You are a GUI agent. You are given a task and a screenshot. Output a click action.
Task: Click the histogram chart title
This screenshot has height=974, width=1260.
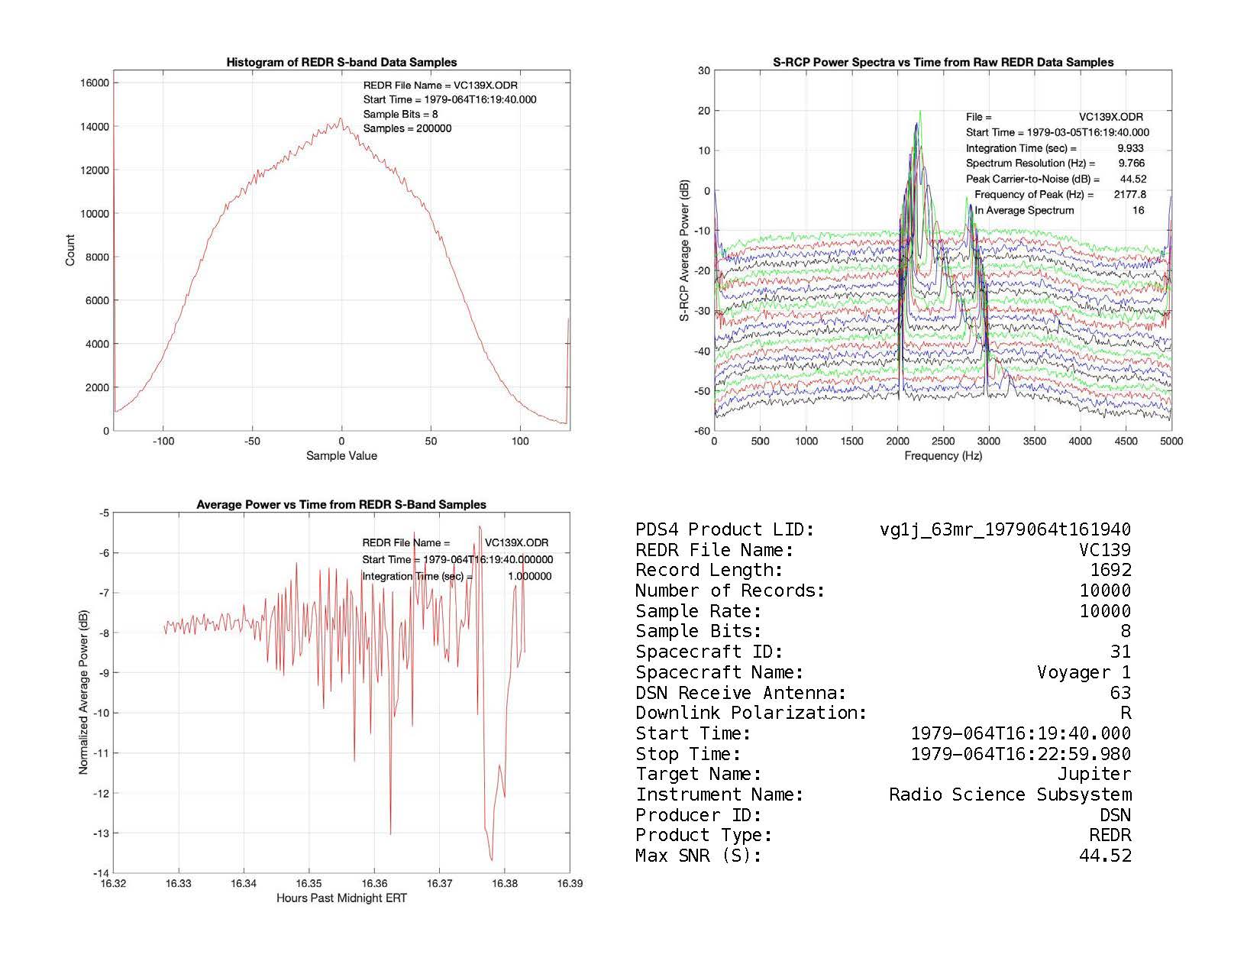pos(341,63)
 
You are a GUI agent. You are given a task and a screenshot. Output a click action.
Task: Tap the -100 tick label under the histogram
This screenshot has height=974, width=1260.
pos(163,442)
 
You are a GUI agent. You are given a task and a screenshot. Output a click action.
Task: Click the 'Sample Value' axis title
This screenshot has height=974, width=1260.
pos(341,456)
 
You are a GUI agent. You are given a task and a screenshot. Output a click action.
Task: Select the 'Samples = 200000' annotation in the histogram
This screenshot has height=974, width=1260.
pos(407,129)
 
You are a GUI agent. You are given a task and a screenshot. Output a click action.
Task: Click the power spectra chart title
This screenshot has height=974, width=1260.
pos(943,63)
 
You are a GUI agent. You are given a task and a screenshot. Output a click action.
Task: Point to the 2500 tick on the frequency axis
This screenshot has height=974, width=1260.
pos(943,442)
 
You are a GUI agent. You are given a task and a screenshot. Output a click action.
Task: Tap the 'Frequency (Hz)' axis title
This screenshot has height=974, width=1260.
pos(943,456)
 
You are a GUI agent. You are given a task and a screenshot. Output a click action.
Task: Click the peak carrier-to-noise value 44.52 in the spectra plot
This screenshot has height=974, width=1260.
pos(1133,180)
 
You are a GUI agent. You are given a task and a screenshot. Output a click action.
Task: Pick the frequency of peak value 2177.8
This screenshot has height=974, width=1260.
pos(1129,195)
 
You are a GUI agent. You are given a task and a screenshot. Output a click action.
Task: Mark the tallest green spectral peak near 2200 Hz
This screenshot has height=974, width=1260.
pos(920,112)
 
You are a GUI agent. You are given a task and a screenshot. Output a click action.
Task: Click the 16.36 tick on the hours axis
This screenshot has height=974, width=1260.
pos(374,884)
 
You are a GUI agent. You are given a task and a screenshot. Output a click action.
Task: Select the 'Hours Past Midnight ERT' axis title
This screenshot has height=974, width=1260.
pos(341,898)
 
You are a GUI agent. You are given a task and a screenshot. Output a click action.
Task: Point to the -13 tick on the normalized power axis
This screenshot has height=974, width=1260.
pos(101,833)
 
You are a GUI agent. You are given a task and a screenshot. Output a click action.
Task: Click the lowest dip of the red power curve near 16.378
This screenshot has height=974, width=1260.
pos(492,859)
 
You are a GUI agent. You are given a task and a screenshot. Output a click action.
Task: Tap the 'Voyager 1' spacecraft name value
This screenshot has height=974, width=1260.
pos(1084,673)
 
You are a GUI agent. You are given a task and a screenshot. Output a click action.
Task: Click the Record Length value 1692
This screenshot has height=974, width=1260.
pos(1110,571)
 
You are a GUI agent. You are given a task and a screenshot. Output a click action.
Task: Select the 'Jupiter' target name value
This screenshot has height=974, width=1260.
pos(1094,775)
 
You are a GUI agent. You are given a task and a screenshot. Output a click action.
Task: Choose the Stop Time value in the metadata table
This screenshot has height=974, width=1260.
pos(1021,755)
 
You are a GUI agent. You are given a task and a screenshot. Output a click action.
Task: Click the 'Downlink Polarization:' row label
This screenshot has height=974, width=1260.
pos(751,714)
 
